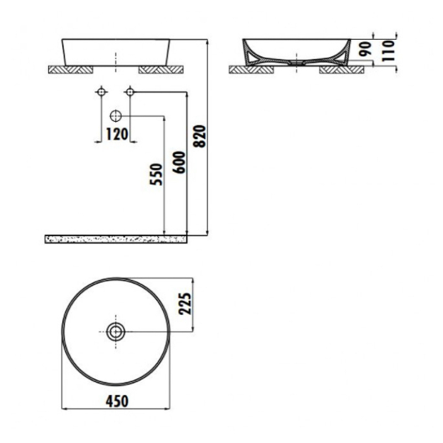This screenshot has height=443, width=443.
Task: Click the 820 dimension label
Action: pos(200,136)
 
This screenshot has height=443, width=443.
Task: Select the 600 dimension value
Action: pos(179,162)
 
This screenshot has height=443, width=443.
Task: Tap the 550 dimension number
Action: pos(157,174)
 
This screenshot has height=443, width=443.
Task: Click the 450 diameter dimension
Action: pos(116,401)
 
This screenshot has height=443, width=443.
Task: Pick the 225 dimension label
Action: pos(186,303)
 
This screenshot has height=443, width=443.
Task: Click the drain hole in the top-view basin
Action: pos(116,332)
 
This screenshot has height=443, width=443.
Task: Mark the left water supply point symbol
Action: pos(101,91)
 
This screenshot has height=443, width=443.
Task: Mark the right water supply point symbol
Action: pos(130,91)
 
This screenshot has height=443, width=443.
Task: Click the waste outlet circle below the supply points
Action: pos(116,116)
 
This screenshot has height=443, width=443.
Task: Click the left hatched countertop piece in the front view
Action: pos(70,70)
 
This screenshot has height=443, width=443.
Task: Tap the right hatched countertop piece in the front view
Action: pos(161,70)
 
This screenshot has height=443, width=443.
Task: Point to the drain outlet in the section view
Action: pos(297,63)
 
